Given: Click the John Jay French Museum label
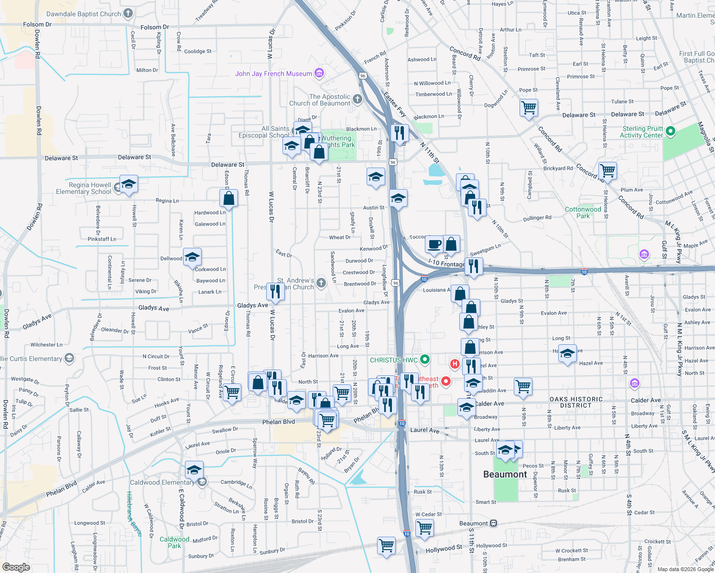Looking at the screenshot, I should (x=273, y=74).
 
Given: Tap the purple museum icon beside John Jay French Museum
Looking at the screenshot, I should (x=320, y=73).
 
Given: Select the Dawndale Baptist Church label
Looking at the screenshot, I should (x=84, y=14).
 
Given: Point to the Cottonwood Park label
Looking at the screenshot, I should (x=583, y=212).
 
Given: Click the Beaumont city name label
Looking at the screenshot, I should (x=505, y=474).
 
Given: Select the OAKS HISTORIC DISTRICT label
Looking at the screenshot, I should (x=576, y=402).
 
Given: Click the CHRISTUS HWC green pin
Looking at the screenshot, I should (x=424, y=360).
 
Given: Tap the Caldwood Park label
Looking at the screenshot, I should (x=174, y=542).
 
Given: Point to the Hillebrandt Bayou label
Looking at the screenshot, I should (x=134, y=513).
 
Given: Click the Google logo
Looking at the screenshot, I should (x=16, y=567).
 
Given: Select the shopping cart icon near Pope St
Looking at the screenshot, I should (x=529, y=107).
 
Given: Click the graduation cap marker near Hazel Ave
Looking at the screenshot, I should (x=567, y=354).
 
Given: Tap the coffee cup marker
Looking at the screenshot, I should (x=434, y=244).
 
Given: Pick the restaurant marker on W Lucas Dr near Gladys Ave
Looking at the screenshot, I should (x=275, y=291).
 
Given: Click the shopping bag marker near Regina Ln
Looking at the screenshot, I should (x=229, y=198).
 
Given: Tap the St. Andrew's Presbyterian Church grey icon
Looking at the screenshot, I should (x=321, y=283).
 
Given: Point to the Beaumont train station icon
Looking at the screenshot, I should (x=493, y=523).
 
